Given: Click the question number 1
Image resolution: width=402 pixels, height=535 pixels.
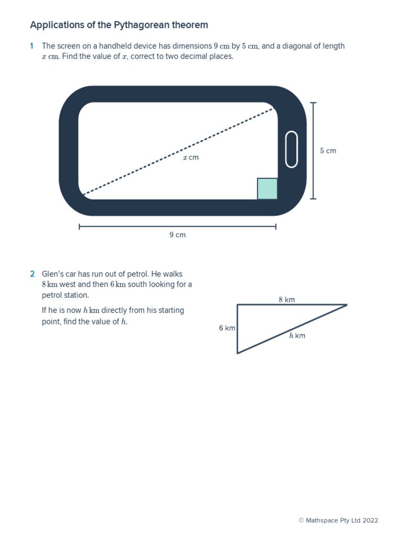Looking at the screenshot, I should [x=32, y=46].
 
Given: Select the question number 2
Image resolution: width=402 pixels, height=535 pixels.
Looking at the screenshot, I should [x=32, y=274].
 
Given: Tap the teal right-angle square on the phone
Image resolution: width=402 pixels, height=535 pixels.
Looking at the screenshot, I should [x=267, y=189].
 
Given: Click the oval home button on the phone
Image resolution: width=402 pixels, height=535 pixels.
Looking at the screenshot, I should [x=292, y=149].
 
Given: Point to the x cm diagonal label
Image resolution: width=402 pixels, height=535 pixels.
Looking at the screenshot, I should [x=191, y=157].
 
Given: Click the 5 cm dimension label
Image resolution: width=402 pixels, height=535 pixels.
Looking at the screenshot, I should [x=328, y=151].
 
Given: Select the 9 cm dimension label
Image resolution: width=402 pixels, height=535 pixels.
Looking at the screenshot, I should [x=177, y=235].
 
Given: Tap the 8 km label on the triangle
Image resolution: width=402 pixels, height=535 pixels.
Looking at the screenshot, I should [x=287, y=300].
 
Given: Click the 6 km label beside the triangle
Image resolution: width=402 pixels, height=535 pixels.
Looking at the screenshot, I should [x=227, y=328].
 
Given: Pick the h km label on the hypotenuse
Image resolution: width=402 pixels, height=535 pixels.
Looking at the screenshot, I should [x=297, y=336].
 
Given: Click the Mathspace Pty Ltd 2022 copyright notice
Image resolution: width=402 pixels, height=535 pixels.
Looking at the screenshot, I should [x=338, y=520].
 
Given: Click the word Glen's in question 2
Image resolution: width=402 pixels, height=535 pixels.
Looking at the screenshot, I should [x=52, y=274].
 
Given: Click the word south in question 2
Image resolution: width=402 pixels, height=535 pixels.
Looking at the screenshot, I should [x=139, y=285].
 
